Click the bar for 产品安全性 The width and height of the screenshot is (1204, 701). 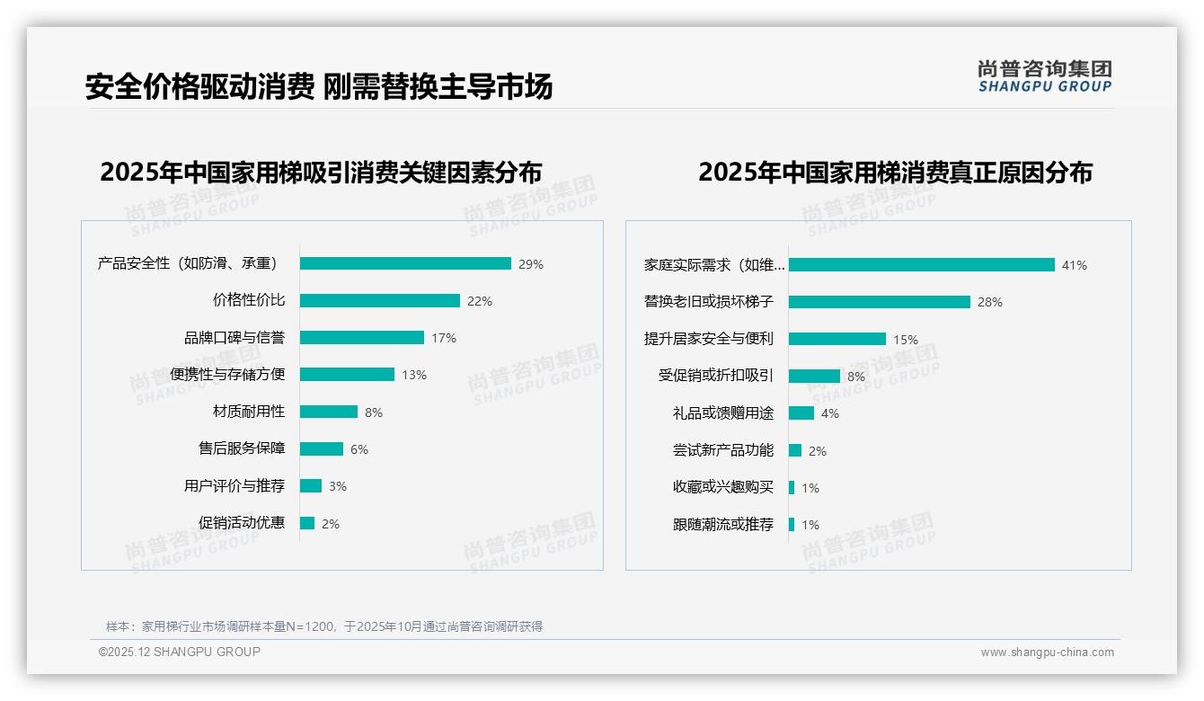[405, 263]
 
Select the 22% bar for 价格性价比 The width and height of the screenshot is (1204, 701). [379, 301]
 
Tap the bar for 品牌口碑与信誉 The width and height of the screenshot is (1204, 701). [361, 338]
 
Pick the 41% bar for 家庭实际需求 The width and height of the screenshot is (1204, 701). [921, 265]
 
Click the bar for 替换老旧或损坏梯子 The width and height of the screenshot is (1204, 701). [879, 302]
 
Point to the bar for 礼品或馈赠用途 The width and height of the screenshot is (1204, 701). [801, 413]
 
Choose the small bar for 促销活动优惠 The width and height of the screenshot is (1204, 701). [307, 523]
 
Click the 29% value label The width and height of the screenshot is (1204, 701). [531, 264]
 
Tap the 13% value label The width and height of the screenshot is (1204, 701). [414, 375]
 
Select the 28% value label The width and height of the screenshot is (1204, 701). [990, 302]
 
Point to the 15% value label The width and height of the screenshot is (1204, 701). [906, 340]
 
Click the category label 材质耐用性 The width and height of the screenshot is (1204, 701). [249, 412]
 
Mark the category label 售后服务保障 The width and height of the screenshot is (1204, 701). [242, 448]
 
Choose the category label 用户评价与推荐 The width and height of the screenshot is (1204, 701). [235, 486]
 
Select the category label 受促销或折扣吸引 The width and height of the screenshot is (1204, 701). [716, 376]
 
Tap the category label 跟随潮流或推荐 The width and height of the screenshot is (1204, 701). [723, 525]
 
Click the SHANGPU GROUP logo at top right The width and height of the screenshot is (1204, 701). [1045, 76]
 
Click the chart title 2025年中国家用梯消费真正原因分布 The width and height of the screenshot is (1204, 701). [895, 173]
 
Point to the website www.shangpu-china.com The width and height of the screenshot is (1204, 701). [1047, 652]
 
